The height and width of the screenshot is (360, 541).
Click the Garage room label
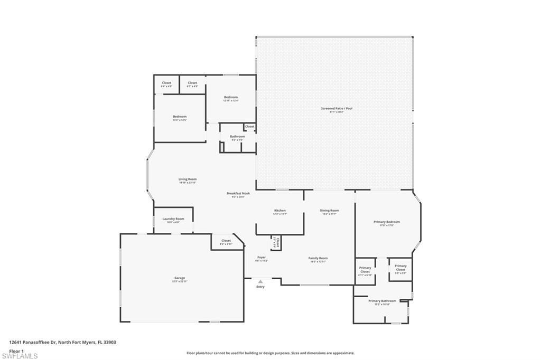tap(180, 278)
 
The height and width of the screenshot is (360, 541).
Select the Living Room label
tap(188, 179)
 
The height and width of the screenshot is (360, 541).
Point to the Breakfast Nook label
tap(238, 194)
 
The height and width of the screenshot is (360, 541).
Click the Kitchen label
tap(279, 211)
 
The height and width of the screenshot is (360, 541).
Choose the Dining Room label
tap(329, 211)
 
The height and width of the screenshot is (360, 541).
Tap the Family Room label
tap(318, 259)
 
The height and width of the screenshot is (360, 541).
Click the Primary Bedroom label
tap(387, 222)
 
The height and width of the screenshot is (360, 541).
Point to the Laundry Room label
tap(173, 219)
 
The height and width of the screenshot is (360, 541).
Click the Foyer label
tap(262, 258)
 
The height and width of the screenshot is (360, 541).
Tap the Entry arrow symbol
tap(260, 282)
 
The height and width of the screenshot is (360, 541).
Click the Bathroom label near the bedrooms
tap(237, 137)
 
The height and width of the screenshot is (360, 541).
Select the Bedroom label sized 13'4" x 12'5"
tap(180, 117)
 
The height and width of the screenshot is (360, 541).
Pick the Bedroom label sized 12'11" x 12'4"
tap(231, 98)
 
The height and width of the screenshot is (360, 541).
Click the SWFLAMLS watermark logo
tap(20, 355)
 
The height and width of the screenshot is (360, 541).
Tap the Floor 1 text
tap(17, 350)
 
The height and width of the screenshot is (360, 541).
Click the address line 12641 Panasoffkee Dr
tap(62, 342)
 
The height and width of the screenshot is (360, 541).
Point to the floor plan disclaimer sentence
tap(270, 353)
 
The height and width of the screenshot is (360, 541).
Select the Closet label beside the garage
tap(226, 241)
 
